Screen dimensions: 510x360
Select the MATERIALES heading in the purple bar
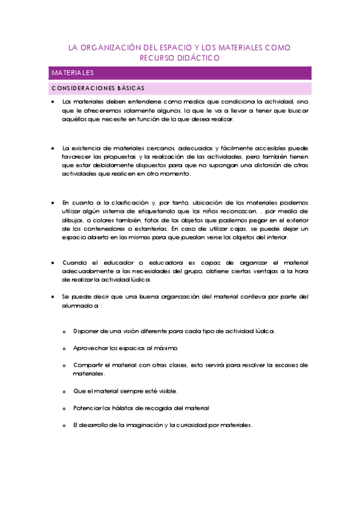[72, 73]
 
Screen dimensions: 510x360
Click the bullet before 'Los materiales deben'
[53, 102]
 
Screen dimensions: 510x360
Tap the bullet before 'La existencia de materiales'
[53, 148]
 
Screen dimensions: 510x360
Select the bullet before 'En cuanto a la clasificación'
[53, 203]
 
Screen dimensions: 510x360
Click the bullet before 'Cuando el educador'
[53, 262]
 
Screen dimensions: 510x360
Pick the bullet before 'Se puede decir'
[53, 296]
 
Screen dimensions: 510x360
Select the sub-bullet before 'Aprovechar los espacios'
[64, 348]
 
